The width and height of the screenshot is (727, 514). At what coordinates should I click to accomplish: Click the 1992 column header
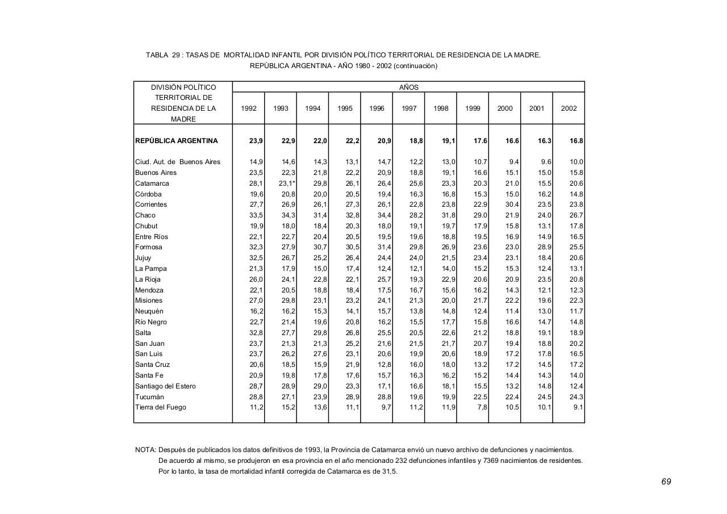[249, 108]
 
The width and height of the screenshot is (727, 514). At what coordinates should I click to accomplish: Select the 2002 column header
[569, 108]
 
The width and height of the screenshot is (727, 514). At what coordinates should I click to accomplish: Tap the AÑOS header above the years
[408, 87]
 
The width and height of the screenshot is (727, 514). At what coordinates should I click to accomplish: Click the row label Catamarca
[152, 183]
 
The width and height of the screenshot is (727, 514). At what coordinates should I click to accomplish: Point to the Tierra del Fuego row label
[160, 407]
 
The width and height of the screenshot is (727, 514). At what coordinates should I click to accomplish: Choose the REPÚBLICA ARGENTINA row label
[176, 141]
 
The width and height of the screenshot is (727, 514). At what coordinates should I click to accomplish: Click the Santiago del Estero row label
[165, 386]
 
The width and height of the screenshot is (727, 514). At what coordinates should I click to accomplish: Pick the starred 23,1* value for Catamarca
[286, 183]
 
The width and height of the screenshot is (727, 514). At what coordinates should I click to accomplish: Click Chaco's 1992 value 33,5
[256, 215]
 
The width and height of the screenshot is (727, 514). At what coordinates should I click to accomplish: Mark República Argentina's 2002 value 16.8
[576, 141]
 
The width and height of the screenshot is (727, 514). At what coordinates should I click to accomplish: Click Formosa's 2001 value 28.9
[544, 247]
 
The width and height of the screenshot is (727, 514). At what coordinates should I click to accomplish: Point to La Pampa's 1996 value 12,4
[385, 269]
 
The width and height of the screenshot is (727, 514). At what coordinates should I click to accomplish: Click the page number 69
[666, 482]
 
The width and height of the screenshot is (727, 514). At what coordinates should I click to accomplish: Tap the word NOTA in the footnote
[145, 450]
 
